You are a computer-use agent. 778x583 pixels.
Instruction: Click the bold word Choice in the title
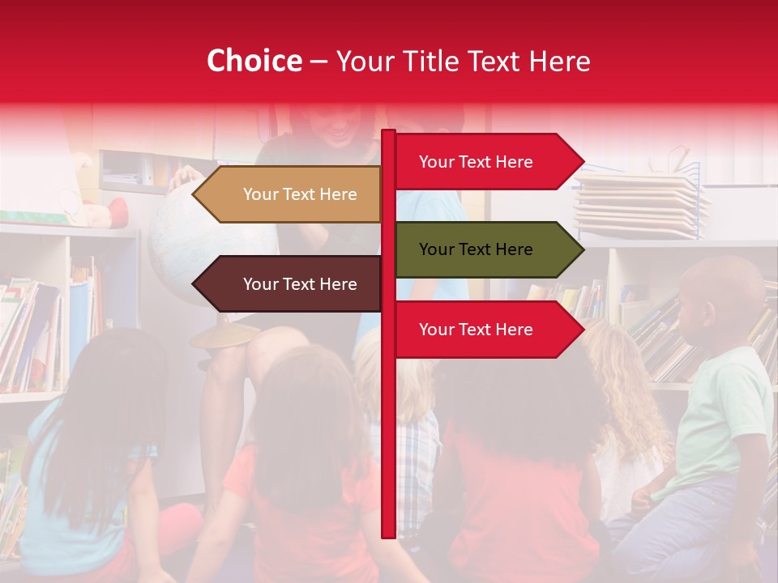coord(254,62)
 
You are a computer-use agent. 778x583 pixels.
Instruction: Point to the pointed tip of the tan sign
coord(196,194)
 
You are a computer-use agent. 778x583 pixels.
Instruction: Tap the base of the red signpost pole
coord(388,530)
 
